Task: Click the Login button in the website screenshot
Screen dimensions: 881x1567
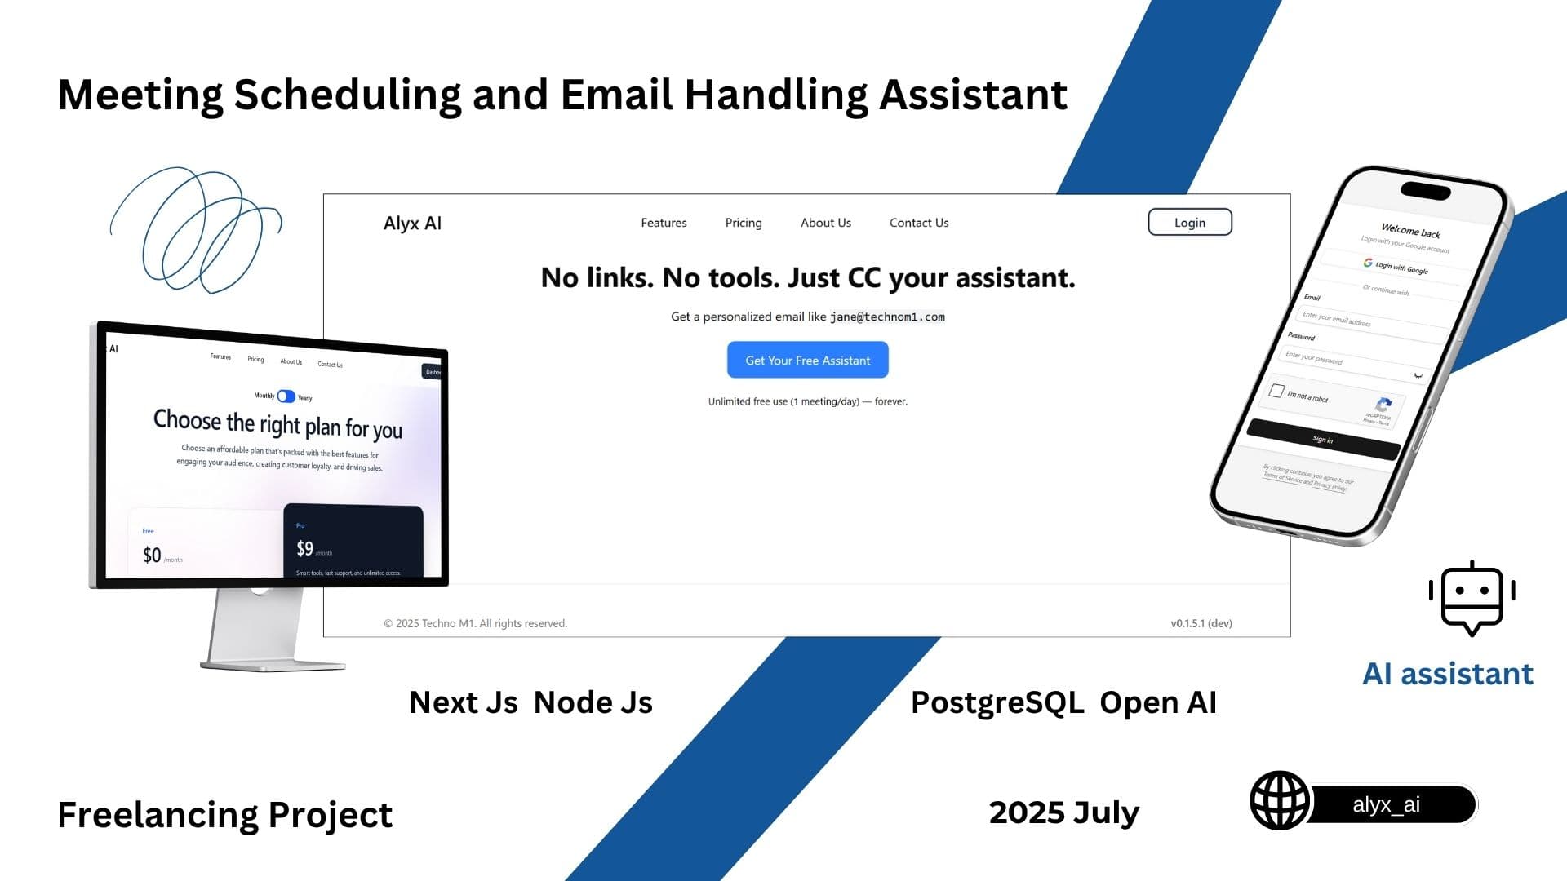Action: [1189, 223]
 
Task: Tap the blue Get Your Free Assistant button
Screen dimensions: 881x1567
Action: [807, 361]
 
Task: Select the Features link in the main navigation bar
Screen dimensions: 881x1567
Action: [664, 223]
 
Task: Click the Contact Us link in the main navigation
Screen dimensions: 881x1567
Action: [918, 223]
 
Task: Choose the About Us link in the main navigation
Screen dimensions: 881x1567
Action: [825, 223]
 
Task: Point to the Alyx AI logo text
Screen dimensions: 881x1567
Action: [412, 224]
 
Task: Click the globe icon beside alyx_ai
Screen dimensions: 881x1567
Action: [1279, 800]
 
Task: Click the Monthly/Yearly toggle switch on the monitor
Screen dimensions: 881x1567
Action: [286, 396]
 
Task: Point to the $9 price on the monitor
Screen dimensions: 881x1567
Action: [305, 548]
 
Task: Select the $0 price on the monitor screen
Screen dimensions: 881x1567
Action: [152, 556]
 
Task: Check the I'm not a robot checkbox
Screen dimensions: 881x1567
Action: [1276, 391]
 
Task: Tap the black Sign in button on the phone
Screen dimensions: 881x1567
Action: [1322, 440]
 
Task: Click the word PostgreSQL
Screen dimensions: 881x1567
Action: [997, 702]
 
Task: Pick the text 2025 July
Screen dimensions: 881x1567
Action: [1063, 812]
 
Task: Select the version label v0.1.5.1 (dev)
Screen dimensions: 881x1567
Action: [1201, 623]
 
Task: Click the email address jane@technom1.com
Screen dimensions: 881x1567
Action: [887, 317]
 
